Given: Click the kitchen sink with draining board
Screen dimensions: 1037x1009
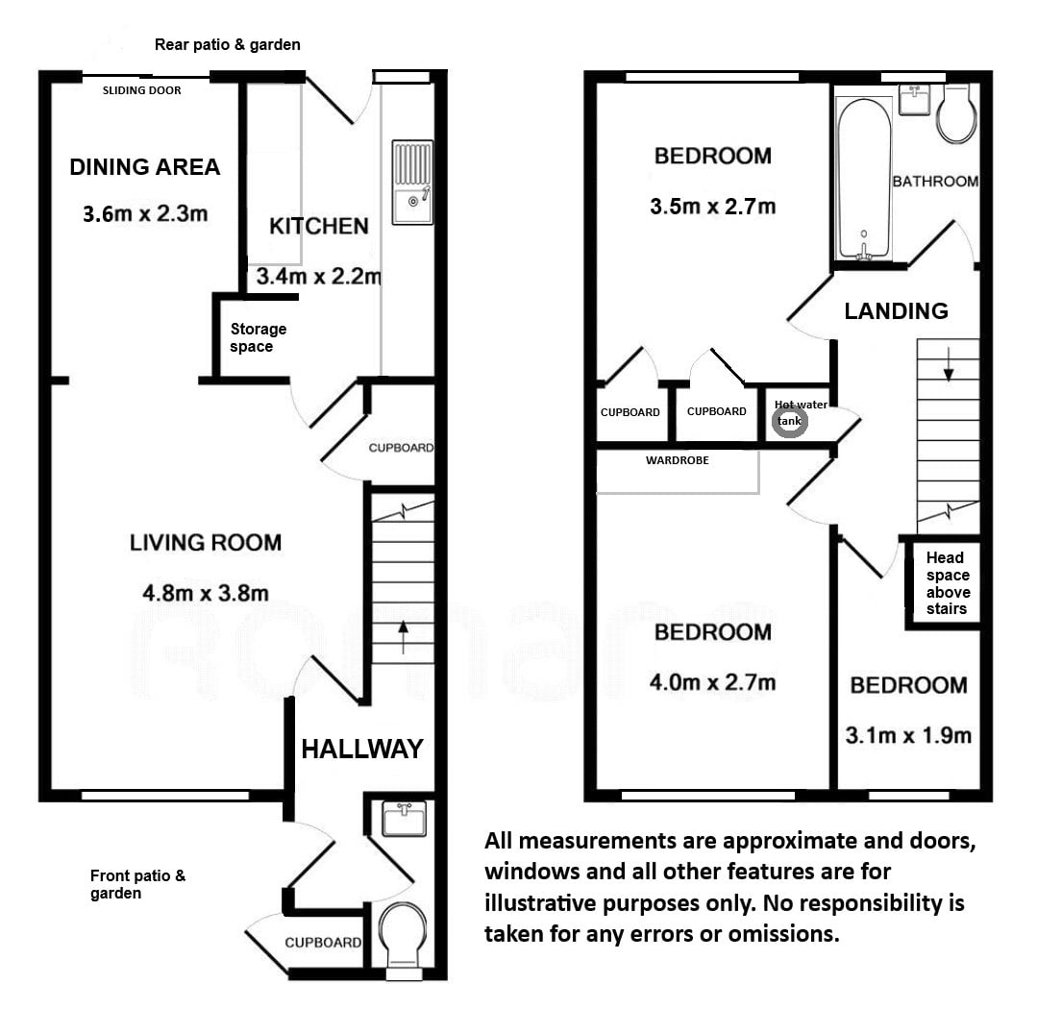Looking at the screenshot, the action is tap(412, 183).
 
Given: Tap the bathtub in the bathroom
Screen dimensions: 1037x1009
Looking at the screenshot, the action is tap(864, 179).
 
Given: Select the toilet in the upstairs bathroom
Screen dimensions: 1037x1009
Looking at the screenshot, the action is tap(956, 113).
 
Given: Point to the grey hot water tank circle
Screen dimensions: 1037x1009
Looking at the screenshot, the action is tap(790, 422).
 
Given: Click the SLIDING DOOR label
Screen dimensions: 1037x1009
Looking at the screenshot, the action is tap(141, 90).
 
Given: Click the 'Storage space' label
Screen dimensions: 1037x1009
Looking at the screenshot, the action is tap(258, 337).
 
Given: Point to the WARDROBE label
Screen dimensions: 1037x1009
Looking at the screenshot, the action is tap(678, 460).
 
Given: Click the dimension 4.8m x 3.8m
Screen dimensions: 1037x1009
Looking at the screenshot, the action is tap(206, 593).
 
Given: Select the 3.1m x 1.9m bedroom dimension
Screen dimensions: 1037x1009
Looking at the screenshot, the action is tap(908, 735).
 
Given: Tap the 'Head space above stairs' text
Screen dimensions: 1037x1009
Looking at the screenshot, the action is tap(947, 583).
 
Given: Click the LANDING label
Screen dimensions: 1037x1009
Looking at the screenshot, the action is tap(896, 310).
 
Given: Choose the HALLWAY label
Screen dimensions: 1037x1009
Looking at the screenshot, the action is tap(362, 750).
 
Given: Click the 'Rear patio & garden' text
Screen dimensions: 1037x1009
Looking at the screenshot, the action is tap(228, 45).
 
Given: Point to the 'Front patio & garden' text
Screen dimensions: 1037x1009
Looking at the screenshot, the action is tap(137, 884).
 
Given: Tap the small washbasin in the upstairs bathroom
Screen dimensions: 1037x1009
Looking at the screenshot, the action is tap(915, 99).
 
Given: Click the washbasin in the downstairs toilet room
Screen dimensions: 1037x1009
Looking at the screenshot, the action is tap(404, 819).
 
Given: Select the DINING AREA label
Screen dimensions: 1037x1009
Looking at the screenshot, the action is tap(145, 167).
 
